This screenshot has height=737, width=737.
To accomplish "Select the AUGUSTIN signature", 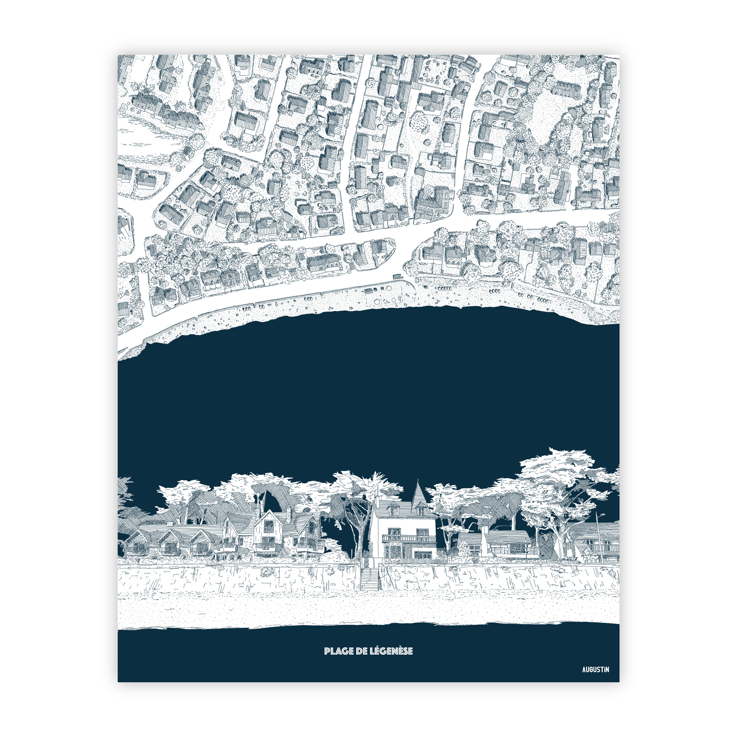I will pyautogui.click(x=595, y=680).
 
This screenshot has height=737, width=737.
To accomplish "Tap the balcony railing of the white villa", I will pyautogui.click(x=408, y=539).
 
